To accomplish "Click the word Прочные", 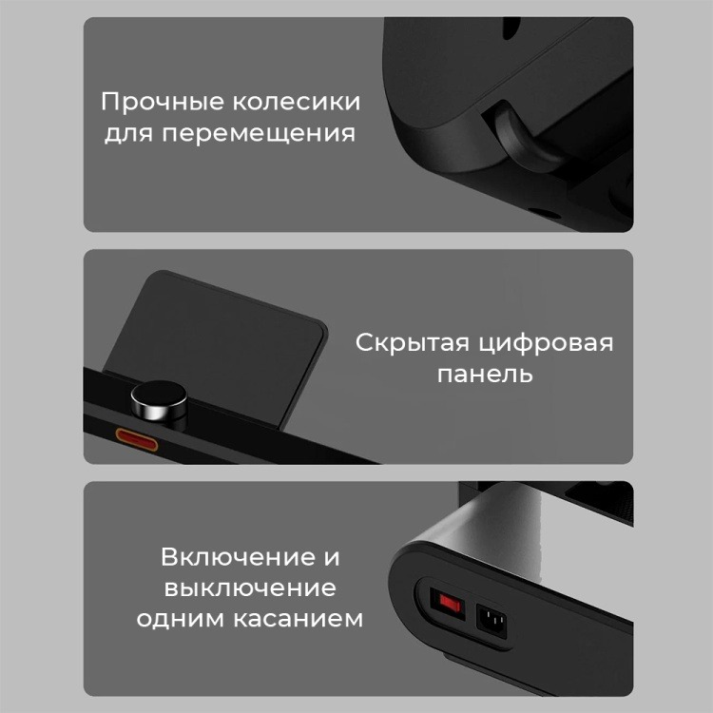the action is pyautogui.click(x=163, y=103).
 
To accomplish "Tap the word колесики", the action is pyautogui.click(x=297, y=101).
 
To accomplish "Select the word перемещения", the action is pyautogui.click(x=259, y=135).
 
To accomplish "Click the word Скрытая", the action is pyautogui.click(x=412, y=343).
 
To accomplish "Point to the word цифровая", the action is pyautogui.click(x=546, y=344).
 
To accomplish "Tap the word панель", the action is pyautogui.click(x=485, y=375).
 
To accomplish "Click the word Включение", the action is pyautogui.click(x=238, y=557).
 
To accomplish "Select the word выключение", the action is pyautogui.click(x=250, y=588).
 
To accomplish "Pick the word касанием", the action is pyautogui.click(x=299, y=619).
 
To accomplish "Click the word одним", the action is pyautogui.click(x=181, y=619).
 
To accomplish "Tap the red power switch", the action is pyautogui.click(x=448, y=604).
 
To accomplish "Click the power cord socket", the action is pyautogui.click(x=491, y=621).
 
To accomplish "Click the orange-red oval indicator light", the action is pyautogui.click(x=136, y=440).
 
